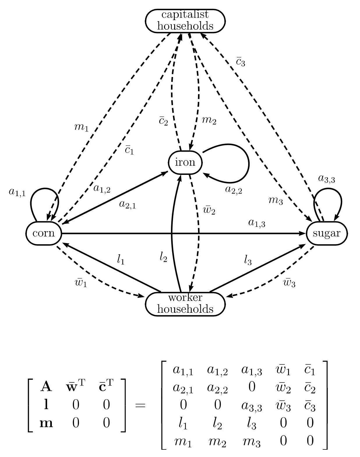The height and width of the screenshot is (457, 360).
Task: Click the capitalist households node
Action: pyautogui.click(x=185, y=20)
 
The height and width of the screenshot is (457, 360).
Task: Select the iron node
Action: pyautogui.click(x=185, y=162)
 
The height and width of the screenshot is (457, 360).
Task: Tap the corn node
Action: pyautogui.click(x=44, y=233)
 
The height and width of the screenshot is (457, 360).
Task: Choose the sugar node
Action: pyautogui.click(x=327, y=233)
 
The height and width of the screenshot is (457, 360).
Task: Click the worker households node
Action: pyautogui.click(x=185, y=304)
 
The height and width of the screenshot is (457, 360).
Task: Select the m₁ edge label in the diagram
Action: pyautogui.click(x=81, y=127)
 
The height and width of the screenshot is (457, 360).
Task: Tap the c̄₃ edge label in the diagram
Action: pyautogui.click(x=241, y=62)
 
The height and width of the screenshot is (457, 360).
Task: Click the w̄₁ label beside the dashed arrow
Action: pyautogui.click(x=81, y=283)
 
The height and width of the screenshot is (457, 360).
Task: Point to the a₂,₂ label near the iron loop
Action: pyautogui.click(x=234, y=189)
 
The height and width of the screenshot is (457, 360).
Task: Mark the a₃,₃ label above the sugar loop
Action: pyautogui.click(x=326, y=179)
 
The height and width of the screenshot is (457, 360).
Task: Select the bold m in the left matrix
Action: pyautogui.click(x=46, y=423)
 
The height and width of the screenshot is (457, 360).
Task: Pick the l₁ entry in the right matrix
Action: pyautogui.click(x=183, y=424)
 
